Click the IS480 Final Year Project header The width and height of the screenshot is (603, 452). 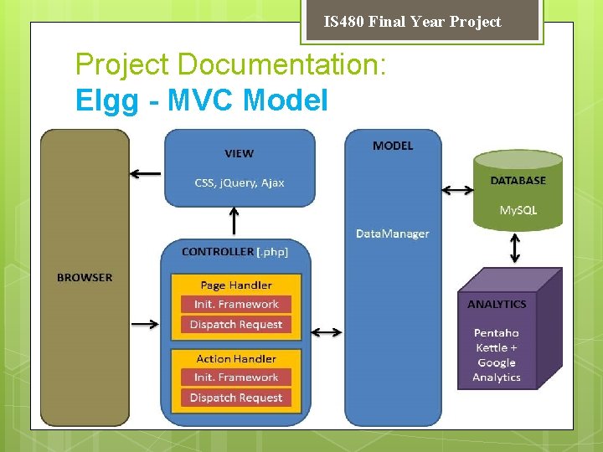click(412, 22)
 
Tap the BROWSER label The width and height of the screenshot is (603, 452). click(85, 277)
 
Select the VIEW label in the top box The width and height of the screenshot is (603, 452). click(239, 153)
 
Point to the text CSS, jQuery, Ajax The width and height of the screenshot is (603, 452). click(240, 182)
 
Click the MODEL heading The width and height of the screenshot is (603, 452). click(393, 146)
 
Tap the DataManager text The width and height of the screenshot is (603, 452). click(393, 234)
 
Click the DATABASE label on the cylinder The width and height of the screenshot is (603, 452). click(518, 180)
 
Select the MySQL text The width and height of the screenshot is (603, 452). click(518, 210)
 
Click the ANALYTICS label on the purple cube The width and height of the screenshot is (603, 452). click(497, 304)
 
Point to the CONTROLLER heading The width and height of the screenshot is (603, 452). click(218, 251)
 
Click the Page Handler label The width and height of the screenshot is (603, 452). click(236, 285)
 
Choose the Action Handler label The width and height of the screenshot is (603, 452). click(236, 358)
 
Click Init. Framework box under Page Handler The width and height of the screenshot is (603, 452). click(236, 305)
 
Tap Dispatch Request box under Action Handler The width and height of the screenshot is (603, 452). click(236, 398)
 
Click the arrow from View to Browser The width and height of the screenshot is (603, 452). click(146, 173)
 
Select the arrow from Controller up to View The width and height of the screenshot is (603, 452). click(234, 221)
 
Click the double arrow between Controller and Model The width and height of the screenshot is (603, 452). click(326, 332)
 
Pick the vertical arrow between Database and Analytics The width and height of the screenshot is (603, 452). click(515, 248)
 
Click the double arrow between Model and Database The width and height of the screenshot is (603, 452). click(456, 190)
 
